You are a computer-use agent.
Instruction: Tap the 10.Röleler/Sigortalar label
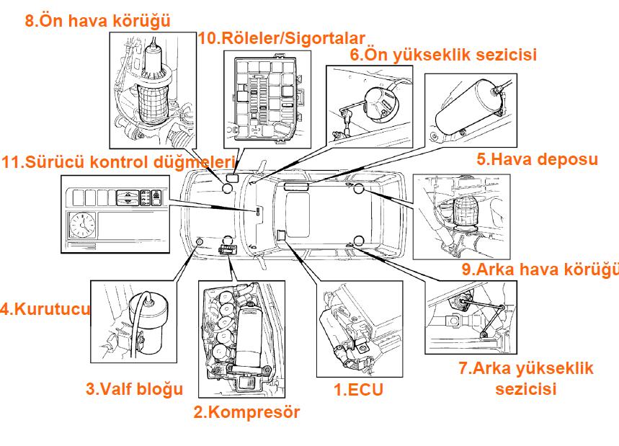(281, 38)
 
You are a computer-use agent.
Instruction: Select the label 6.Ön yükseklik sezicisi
(443, 54)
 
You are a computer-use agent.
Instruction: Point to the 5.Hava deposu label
(537, 159)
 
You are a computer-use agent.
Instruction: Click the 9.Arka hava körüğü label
(541, 269)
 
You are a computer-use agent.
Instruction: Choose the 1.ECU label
(358, 390)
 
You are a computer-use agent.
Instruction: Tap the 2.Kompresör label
(246, 412)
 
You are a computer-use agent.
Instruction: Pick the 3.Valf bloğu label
(134, 389)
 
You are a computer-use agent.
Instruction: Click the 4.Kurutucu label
(45, 310)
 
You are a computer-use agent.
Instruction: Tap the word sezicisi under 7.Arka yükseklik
(526, 389)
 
